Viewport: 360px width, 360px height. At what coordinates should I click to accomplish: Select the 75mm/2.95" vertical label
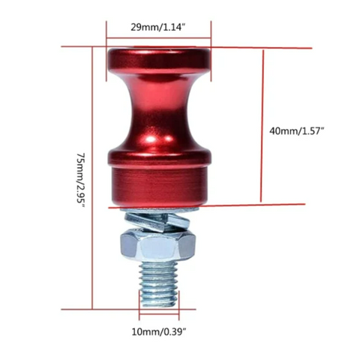(x=81, y=179)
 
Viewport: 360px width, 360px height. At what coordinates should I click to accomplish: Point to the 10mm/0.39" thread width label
(x=159, y=331)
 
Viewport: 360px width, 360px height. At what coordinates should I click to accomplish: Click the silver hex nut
(x=157, y=245)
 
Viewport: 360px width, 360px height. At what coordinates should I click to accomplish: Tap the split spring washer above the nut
(x=157, y=220)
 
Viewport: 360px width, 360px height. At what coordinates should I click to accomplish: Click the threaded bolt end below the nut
(x=159, y=284)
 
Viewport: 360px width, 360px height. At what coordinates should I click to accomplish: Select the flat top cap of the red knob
(x=159, y=61)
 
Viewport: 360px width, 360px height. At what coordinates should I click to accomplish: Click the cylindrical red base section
(x=159, y=185)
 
